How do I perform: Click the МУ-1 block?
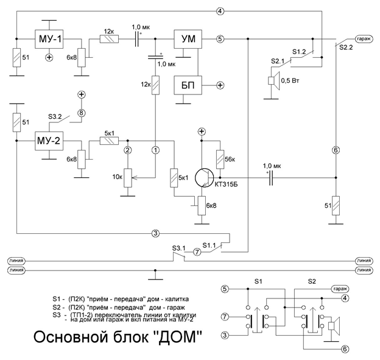tap(49, 39)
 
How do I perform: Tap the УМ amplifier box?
tap(187, 39)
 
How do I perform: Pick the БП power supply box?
tap(187, 85)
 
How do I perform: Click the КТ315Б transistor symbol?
tap(206, 177)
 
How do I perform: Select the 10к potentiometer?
tap(127, 177)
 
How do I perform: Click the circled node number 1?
tap(155, 149)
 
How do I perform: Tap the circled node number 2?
tap(127, 149)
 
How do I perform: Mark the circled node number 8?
tap(81, 113)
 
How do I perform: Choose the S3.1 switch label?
tap(179, 247)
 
